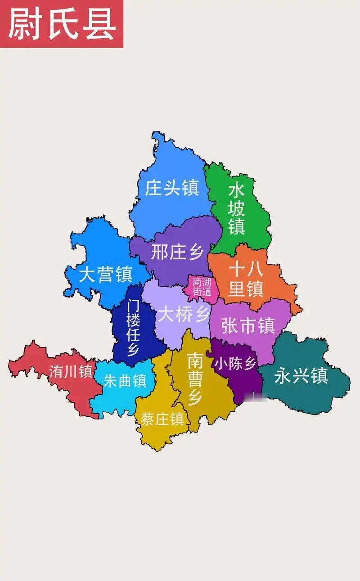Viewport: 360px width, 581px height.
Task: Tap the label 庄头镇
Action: [x=171, y=188]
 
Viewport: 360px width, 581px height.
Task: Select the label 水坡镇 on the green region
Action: [x=237, y=208]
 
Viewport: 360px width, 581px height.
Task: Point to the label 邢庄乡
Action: [x=177, y=252]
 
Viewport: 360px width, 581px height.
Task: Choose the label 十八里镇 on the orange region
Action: [x=246, y=279]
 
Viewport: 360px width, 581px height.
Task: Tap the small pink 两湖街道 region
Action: [x=202, y=287]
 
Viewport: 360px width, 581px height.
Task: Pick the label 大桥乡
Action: [x=184, y=315]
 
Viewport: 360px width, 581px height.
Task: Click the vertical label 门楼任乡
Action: [x=133, y=328]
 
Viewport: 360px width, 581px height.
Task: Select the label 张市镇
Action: [x=248, y=325]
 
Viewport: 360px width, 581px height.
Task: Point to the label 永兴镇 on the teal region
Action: [x=301, y=375]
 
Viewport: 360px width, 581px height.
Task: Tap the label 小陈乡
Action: [x=235, y=364]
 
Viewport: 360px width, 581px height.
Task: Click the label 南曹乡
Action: [x=195, y=378]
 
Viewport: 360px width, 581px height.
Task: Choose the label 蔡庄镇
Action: [x=162, y=419]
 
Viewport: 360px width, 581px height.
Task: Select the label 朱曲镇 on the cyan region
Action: [x=125, y=381]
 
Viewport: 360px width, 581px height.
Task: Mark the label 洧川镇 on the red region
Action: [x=71, y=371]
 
